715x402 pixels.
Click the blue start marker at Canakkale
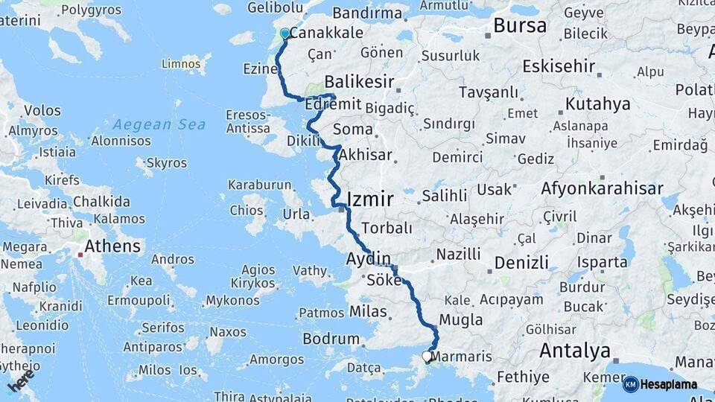[285, 33]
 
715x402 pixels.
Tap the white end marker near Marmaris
[428, 357]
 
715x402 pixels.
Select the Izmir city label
[370, 199]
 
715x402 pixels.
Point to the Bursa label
[520, 26]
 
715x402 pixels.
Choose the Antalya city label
[574, 350]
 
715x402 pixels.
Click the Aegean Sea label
[160, 124]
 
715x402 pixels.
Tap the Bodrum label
[331, 339]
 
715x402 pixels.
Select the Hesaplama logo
[661, 384]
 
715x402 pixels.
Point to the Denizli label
[521, 262]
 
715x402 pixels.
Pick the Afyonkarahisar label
[602, 188]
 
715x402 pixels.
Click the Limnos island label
[181, 64]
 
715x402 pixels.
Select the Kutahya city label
[597, 103]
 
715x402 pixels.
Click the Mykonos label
[233, 301]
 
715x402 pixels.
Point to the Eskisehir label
[559, 66]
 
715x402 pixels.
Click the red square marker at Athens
[80, 255]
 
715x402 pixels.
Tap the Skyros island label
[167, 162]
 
